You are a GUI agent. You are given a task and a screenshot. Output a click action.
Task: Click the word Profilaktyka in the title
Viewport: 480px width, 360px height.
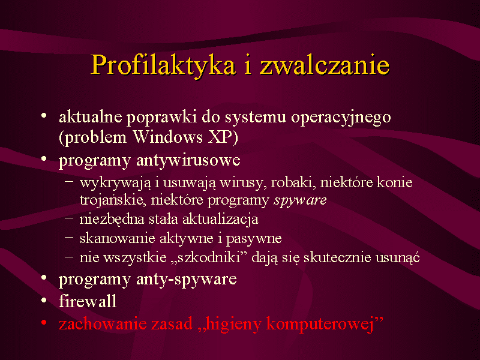click(x=163, y=65)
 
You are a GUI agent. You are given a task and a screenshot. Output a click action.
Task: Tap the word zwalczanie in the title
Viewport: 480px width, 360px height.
click(x=325, y=64)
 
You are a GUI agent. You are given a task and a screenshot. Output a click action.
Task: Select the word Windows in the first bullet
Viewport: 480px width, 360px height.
click(x=168, y=137)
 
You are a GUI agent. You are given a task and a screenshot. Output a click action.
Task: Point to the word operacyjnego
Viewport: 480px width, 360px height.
click(x=341, y=118)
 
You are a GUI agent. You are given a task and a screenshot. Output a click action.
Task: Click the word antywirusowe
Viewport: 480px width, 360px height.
click(x=188, y=160)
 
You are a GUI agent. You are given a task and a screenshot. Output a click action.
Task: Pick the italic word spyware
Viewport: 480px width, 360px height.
click(x=301, y=201)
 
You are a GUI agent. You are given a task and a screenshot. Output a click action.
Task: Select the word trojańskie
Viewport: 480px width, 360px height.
click(x=113, y=200)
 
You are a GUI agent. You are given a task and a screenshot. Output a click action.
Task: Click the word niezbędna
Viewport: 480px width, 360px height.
click(x=112, y=219)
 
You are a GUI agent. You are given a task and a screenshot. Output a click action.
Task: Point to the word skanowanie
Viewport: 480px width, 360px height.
click(x=117, y=238)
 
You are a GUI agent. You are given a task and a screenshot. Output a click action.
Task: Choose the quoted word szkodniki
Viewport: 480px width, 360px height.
click(x=209, y=257)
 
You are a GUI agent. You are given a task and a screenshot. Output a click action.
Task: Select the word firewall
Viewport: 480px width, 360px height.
click(x=88, y=301)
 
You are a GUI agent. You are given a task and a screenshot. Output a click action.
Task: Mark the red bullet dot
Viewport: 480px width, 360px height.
click(x=44, y=322)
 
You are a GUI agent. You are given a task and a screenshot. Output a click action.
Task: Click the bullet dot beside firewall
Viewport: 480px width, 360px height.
click(x=44, y=301)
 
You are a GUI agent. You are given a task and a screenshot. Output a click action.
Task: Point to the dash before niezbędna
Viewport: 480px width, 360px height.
click(x=69, y=218)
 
